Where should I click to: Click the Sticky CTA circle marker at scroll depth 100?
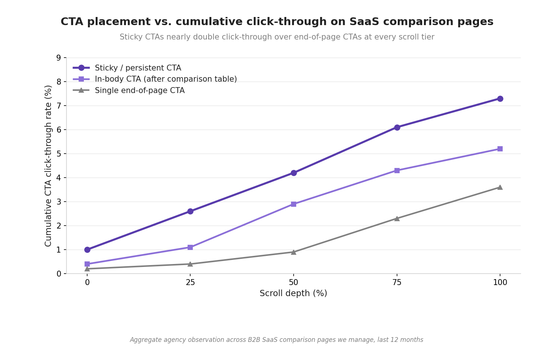point(500,99)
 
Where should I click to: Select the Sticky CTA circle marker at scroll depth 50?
point(294,173)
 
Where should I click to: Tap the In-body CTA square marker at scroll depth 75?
point(397,170)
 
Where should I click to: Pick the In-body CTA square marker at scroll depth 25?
point(190,247)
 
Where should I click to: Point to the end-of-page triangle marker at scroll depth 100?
point(500,188)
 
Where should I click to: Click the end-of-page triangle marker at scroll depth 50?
point(294,252)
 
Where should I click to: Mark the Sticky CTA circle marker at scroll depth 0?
point(87,250)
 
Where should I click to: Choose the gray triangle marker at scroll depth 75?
point(397,219)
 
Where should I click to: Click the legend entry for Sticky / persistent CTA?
point(127,68)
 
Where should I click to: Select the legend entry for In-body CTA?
point(155,79)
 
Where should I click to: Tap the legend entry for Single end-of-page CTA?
point(129,90)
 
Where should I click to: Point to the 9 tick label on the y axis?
point(59,58)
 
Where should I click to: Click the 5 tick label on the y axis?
point(59,154)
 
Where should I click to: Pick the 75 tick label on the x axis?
point(397,282)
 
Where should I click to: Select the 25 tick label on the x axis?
point(190,282)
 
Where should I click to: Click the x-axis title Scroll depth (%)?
point(293,293)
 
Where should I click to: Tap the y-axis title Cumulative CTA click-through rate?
point(48,166)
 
